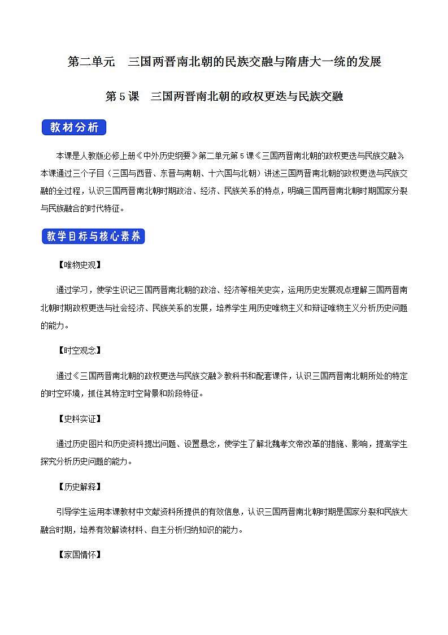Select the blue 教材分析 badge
(x=74, y=127)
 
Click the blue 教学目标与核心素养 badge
(x=93, y=237)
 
